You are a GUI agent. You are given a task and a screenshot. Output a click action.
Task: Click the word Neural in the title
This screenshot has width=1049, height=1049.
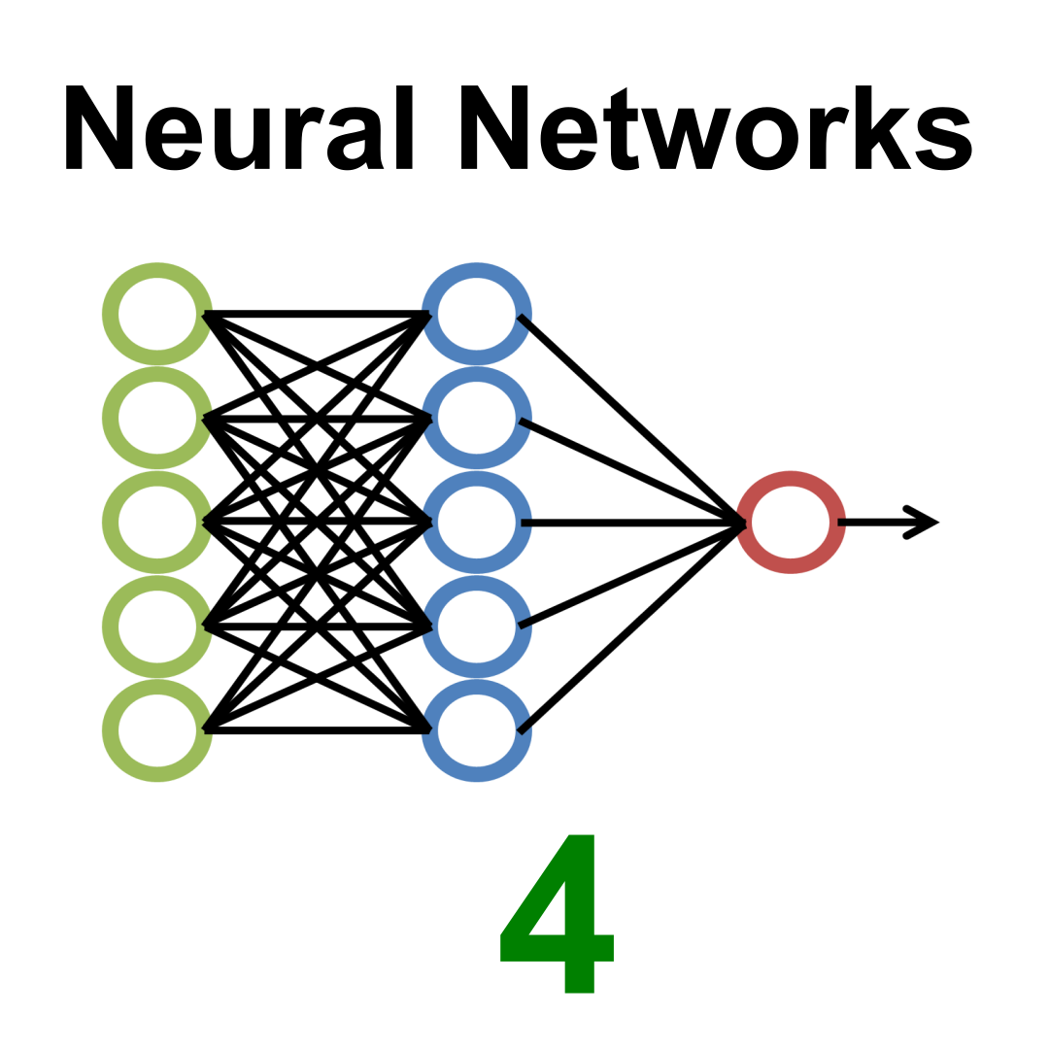coord(240,127)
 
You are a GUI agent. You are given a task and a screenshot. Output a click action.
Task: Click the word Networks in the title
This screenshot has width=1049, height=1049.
coord(717,127)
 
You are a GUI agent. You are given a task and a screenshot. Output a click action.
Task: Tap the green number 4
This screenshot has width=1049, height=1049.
coord(558,914)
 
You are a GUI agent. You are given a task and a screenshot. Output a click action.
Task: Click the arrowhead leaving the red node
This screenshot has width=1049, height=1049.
coord(924,523)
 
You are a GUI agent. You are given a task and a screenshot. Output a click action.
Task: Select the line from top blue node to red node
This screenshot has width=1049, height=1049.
coord(632,420)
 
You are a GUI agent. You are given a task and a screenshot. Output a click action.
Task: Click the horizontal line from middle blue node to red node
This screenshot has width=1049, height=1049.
coord(633,523)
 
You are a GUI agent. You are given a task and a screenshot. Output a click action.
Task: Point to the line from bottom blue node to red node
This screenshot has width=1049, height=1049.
coord(632,626)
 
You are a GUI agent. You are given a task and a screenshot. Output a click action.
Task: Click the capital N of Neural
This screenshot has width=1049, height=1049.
coord(99,127)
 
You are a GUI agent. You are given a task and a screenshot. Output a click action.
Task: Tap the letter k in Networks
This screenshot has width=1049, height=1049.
coord(883,127)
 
